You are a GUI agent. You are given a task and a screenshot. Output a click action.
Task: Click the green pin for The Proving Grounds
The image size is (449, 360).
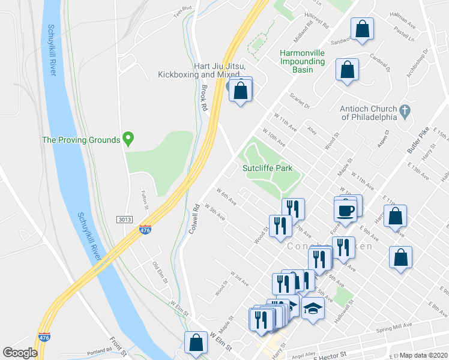coord(128,139)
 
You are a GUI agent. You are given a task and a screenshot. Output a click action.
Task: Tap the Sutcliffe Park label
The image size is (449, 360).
coord(267,168)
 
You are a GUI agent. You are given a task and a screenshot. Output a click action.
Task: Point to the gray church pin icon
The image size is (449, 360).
coord(405,111)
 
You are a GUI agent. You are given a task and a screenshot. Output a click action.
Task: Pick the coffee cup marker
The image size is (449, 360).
coord(346,211)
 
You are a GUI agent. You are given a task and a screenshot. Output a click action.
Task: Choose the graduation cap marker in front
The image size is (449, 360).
coord(313,309)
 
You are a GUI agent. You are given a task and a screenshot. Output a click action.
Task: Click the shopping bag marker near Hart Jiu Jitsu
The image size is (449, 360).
coord(241,91)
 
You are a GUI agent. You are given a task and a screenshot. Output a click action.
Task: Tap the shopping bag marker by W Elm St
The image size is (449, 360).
coord(196,343)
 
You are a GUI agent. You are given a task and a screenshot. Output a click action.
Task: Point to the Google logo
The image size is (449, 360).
coord(20,352)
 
